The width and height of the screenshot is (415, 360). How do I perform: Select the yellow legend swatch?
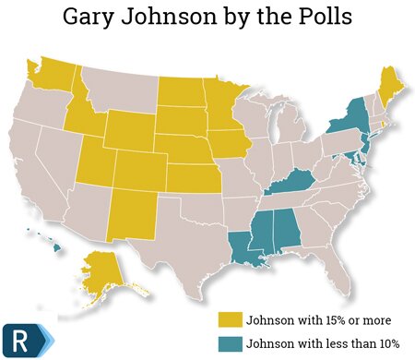[x=229, y=319]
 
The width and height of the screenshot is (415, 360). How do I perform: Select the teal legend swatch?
[x=229, y=342]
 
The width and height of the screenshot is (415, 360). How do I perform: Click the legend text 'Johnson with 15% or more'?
[x=308, y=319]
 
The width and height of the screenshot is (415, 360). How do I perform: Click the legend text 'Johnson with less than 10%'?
[x=314, y=342]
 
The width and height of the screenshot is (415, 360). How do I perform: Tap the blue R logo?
[x=21, y=335]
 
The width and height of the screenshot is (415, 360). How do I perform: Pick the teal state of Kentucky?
[x=294, y=179]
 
